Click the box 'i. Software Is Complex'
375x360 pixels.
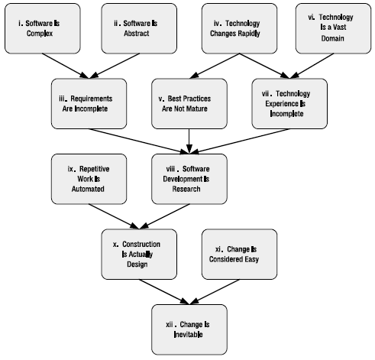(x=43, y=28)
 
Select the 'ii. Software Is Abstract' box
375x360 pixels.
(x=139, y=28)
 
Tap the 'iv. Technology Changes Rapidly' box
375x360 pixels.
(x=239, y=28)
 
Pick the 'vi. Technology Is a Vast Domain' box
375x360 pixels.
(x=333, y=28)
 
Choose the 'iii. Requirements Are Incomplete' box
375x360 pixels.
(x=89, y=104)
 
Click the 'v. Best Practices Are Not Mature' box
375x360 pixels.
(x=189, y=104)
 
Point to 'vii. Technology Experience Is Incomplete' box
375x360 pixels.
(x=289, y=104)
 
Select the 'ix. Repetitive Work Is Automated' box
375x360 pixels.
(x=89, y=179)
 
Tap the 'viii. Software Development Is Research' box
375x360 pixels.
(x=189, y=179)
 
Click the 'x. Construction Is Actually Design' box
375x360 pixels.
(x=139, y=255)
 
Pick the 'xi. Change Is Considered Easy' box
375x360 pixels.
(x=239, y=255)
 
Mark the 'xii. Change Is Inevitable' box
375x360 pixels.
(x=189, y=329)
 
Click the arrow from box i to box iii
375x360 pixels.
(x=66, y=66)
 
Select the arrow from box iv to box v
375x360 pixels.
(x=215, y=66)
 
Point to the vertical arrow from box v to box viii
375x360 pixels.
(x=189, y=141)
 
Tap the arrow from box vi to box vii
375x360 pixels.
(x=312, y=66)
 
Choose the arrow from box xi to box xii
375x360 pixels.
(x=215, y=292)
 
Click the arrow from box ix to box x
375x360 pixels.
(x=114, y=216)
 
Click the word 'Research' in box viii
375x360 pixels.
(x=186, y=189)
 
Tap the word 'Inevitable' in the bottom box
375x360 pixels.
(x=189, y=334)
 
